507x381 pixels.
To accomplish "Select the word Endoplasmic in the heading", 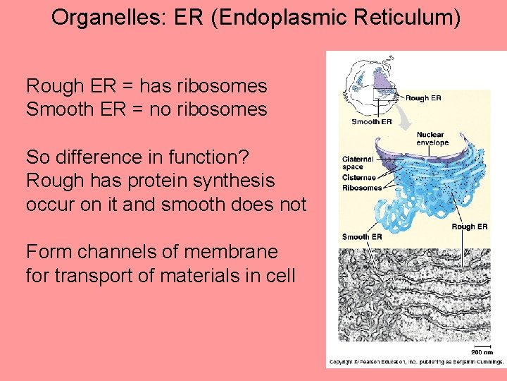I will click(278, 18).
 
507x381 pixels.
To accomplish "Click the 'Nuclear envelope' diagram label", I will click(432, 138).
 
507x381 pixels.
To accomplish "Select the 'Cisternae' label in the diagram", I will click(358, 178).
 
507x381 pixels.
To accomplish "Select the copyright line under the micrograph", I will click(415, 361).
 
